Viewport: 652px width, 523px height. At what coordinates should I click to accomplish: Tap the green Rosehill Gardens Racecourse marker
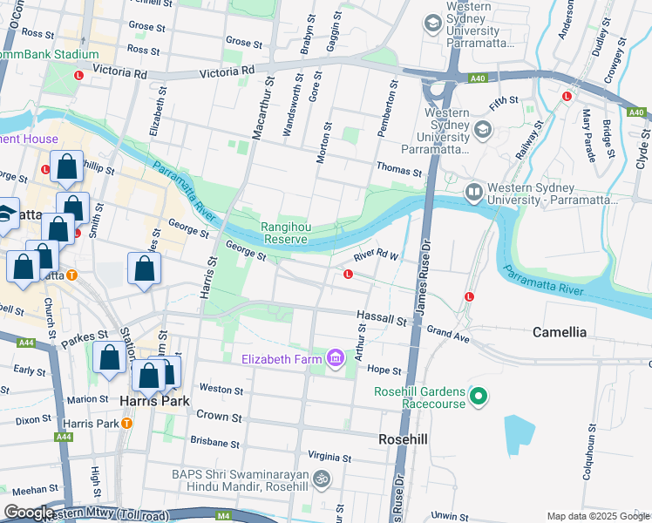point(478,397)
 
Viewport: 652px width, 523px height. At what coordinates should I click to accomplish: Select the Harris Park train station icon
point(126,424)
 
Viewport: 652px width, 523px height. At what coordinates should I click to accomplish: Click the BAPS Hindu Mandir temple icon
point(322,479)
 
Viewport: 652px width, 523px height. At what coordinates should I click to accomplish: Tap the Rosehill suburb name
point(403,439)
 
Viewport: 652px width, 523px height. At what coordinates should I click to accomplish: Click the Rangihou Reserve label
point(284,233)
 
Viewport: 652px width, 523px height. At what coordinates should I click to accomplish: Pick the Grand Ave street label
point(448,332)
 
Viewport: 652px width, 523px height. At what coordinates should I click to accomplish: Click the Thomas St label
point(398,166)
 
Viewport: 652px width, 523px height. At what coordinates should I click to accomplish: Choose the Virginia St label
point(329,457)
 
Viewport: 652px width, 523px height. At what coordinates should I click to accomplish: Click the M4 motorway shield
point(224,516)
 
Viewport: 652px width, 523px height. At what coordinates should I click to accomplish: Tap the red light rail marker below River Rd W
point(348,275)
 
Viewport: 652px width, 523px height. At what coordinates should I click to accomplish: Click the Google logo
point(29,513)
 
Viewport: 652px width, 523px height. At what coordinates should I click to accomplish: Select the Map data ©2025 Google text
point(597,516)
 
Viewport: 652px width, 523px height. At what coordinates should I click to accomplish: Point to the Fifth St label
point(503,103)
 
